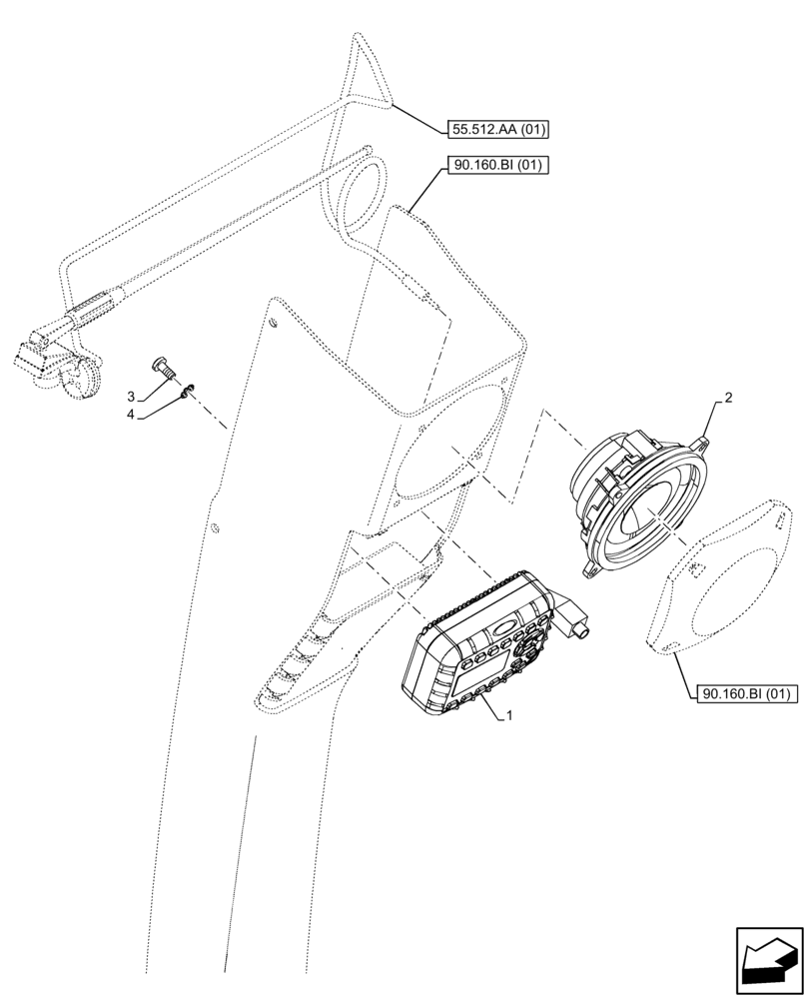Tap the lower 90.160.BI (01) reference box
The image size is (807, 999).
click(x=744, y=692)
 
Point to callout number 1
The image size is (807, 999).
click(x=510, y=715)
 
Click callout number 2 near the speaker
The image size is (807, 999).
click(x=728, y=398)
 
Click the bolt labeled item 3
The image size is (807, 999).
click(x=163, y=367)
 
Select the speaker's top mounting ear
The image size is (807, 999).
click(x=705, y=440)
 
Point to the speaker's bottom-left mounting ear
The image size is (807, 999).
click(x=589, y=569)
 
